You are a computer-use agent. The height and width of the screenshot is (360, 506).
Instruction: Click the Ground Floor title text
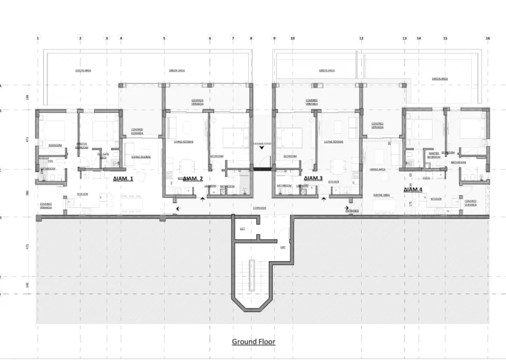pos(253,342)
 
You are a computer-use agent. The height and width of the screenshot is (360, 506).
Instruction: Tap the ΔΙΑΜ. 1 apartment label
pos(123,179)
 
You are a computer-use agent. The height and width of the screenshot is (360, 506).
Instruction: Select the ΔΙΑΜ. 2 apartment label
pos(192,179)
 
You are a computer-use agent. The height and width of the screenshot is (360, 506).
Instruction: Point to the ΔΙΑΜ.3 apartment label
pos(313,179)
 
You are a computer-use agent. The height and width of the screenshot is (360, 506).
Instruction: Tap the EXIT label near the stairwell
pos(283,247)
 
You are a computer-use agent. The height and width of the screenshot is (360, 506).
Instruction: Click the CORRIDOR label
pos(259,207)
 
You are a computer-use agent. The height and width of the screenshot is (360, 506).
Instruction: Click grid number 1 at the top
pos(38,38)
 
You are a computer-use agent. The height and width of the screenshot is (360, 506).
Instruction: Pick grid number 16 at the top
pos(488,38)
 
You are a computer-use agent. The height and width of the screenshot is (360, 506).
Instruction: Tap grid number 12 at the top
pos(361,38)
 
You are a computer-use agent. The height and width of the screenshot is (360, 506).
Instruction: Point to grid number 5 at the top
pos(165,38)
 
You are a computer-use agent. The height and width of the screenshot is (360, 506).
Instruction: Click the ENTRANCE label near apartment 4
pos(353,210)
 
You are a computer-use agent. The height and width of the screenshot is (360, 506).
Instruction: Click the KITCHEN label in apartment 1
pos(82,195)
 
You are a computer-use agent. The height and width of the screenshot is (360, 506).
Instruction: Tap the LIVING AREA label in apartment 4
pos(378,169)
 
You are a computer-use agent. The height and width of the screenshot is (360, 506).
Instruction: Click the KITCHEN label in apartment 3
pos(333,181)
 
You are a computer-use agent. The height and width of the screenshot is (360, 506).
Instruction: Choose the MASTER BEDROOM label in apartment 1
pos(82,146)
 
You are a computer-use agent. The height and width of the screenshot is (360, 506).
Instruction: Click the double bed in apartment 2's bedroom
pos(233,136)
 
